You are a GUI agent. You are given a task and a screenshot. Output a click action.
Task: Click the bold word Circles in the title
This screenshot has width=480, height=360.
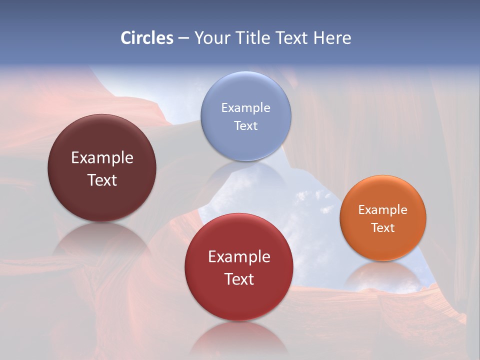147,38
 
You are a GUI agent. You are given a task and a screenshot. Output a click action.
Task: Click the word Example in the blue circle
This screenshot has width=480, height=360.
245,108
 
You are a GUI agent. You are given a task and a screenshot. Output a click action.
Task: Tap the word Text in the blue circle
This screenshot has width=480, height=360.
245,125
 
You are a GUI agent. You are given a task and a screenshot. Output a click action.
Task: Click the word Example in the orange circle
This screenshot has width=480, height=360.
383,210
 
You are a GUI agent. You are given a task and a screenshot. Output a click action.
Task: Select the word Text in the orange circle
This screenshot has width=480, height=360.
383,228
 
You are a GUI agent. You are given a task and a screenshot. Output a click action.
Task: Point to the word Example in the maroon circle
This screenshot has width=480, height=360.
102,158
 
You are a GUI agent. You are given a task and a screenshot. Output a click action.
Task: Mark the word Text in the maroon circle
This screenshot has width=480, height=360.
102,180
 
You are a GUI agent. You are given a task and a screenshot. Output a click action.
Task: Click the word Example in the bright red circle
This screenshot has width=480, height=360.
239,257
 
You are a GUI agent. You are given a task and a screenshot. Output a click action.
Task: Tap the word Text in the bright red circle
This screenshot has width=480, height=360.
239,279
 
